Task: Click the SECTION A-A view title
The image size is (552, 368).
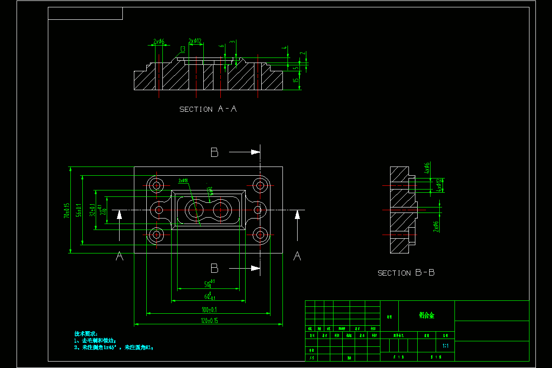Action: click(x=208, y=109)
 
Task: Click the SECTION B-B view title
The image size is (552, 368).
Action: click(x=406, y=273)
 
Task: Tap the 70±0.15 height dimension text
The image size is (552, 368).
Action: click(x=67, y=210)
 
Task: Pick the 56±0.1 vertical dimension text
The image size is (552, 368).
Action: click(x=79, y=210)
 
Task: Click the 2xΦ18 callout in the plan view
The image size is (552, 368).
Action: click(x=183, y=181)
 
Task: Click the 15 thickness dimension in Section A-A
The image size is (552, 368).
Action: click(x=296, y=80)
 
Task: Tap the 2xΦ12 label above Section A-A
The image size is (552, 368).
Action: click(x=195, y=41)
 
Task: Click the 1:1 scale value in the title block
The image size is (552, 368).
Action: click(x=445, y=345)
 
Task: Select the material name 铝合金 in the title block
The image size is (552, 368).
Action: click(x=426, y=315)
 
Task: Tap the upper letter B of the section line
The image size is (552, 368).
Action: click(x=214, y=153)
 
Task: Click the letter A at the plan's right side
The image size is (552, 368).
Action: click(x=297, y=256)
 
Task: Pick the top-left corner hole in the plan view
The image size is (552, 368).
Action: click(x=157, y=185)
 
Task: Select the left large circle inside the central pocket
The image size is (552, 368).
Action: click(x=194, y=210)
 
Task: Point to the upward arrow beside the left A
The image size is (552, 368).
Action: click(x=120, y=215)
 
